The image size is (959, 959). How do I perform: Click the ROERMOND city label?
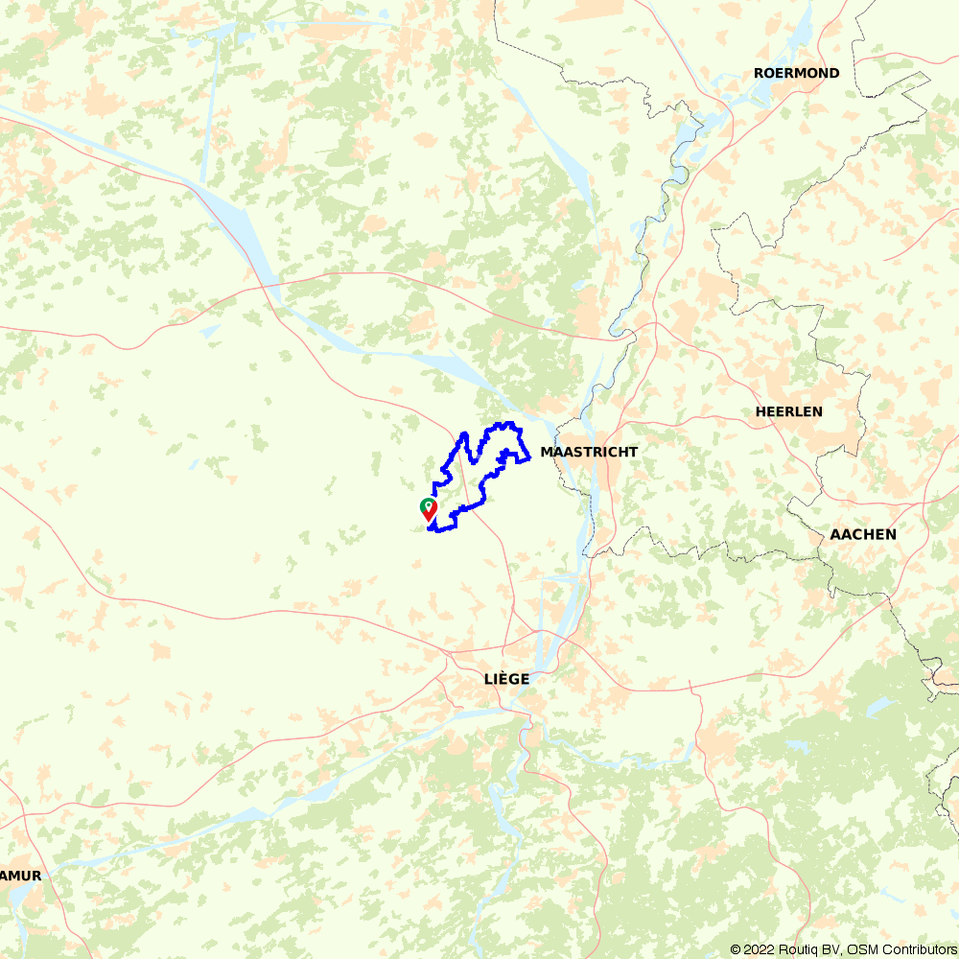coord(796,74)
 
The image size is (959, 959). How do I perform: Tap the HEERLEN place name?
coord(789,411)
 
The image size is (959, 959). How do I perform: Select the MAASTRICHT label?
coord(589,452)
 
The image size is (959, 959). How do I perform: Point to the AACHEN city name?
coord(864,534)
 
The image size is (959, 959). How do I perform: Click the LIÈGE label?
coord(506,679)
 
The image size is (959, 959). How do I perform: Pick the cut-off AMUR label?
coord(20,876)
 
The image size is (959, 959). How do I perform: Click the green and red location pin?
coord(429,508)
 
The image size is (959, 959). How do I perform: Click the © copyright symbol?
coord(736,949)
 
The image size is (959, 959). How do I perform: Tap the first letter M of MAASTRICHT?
coord(547,452)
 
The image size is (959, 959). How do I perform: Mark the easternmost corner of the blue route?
coord(530,459)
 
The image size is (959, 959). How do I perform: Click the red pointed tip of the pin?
coord(429,521)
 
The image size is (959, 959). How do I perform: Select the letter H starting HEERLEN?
coord(760,411)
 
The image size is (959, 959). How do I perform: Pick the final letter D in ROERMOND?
coord(834,74)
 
